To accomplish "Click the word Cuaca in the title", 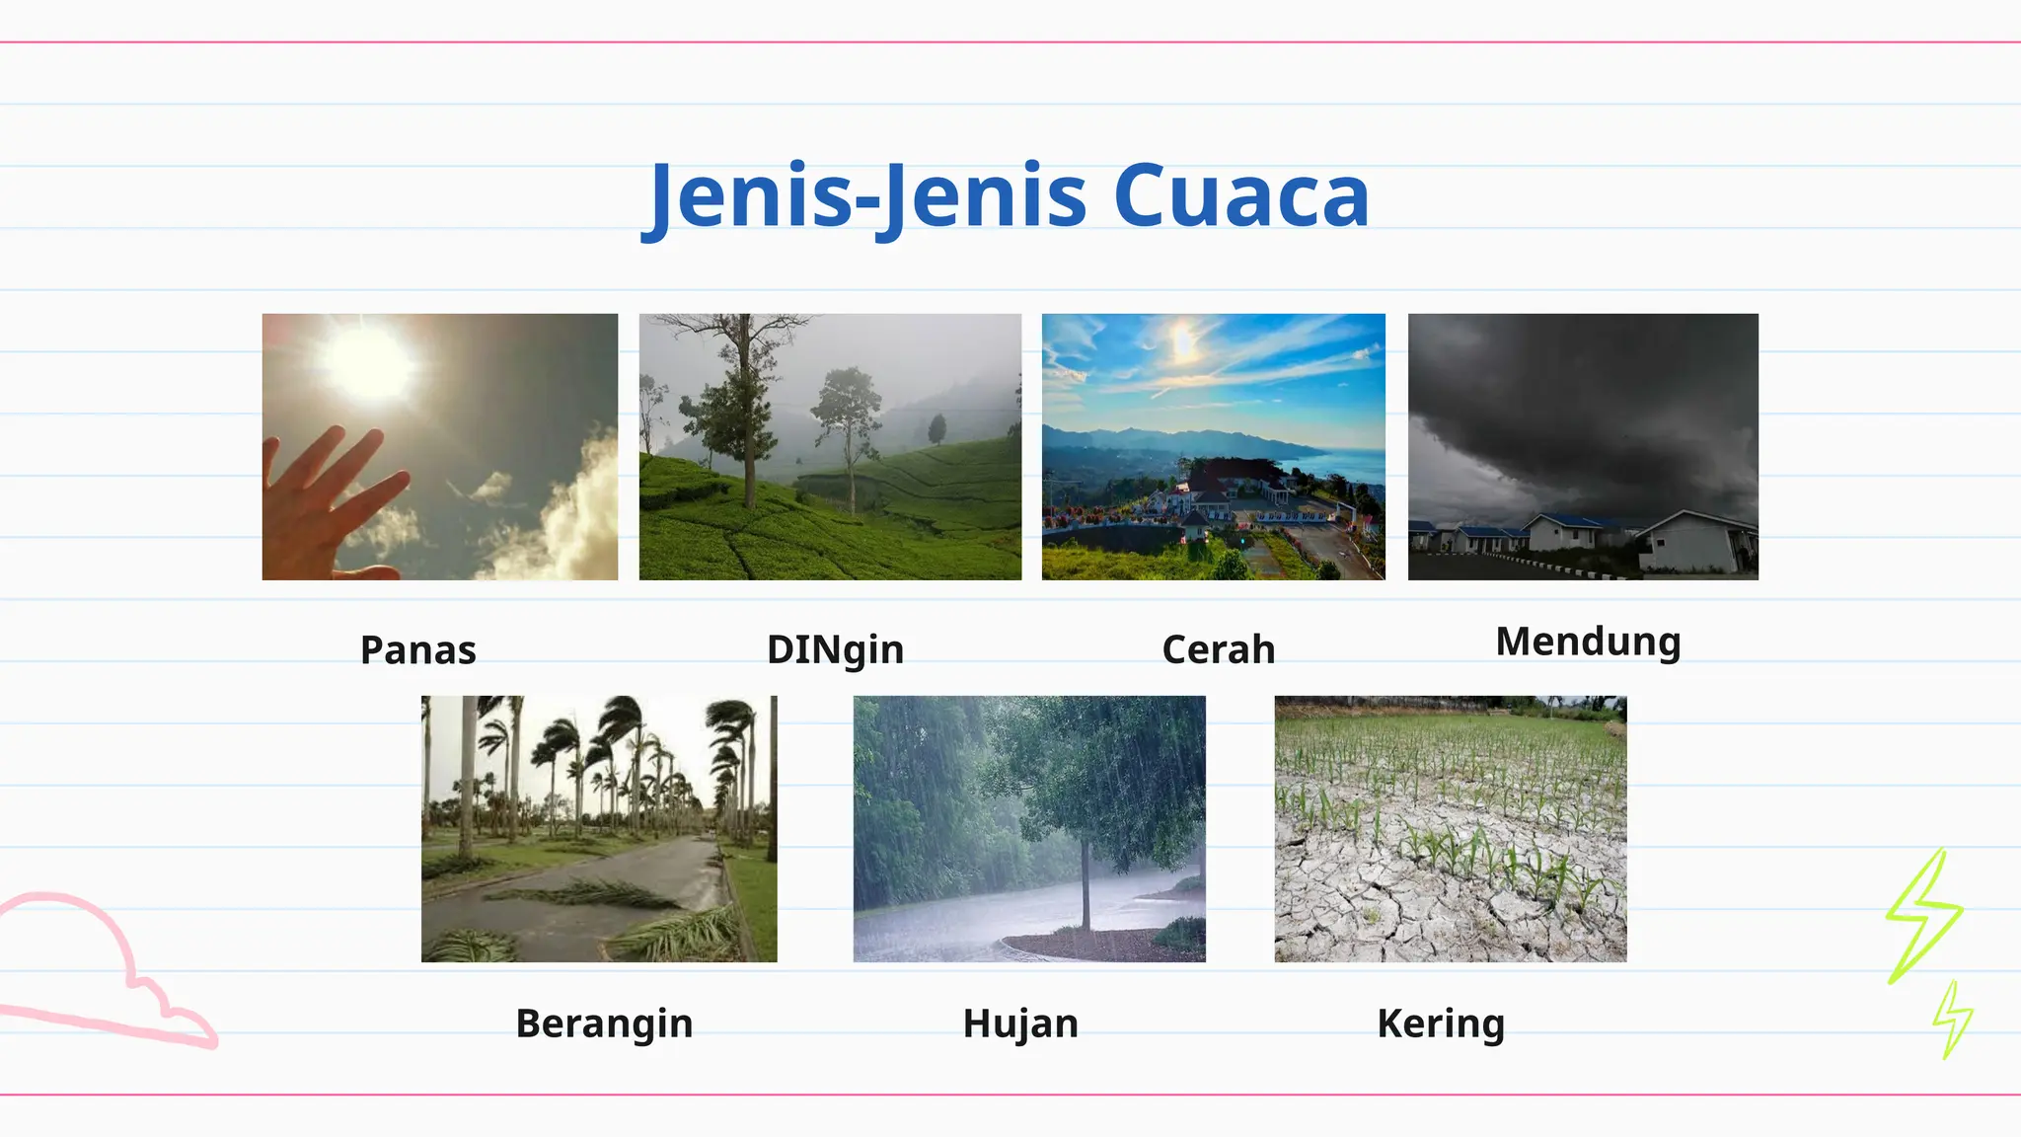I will tap(1240, 195).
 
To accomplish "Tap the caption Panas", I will tap(418, 650).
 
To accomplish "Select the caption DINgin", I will tap(835, 650).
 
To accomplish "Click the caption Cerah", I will tap(1219, 650).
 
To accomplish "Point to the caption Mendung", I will tap(1588, 643).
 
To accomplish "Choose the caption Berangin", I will tap(604, 1023).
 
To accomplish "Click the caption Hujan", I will tap(1020, 1023).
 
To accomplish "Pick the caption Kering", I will tap(1441, 1023).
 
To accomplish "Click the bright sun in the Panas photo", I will tap(368, 363).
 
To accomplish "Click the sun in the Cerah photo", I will tap(1182, 343).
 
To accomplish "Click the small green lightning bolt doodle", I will tap(1952, 1019).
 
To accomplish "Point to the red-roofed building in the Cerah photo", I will tap(1229, 478).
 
